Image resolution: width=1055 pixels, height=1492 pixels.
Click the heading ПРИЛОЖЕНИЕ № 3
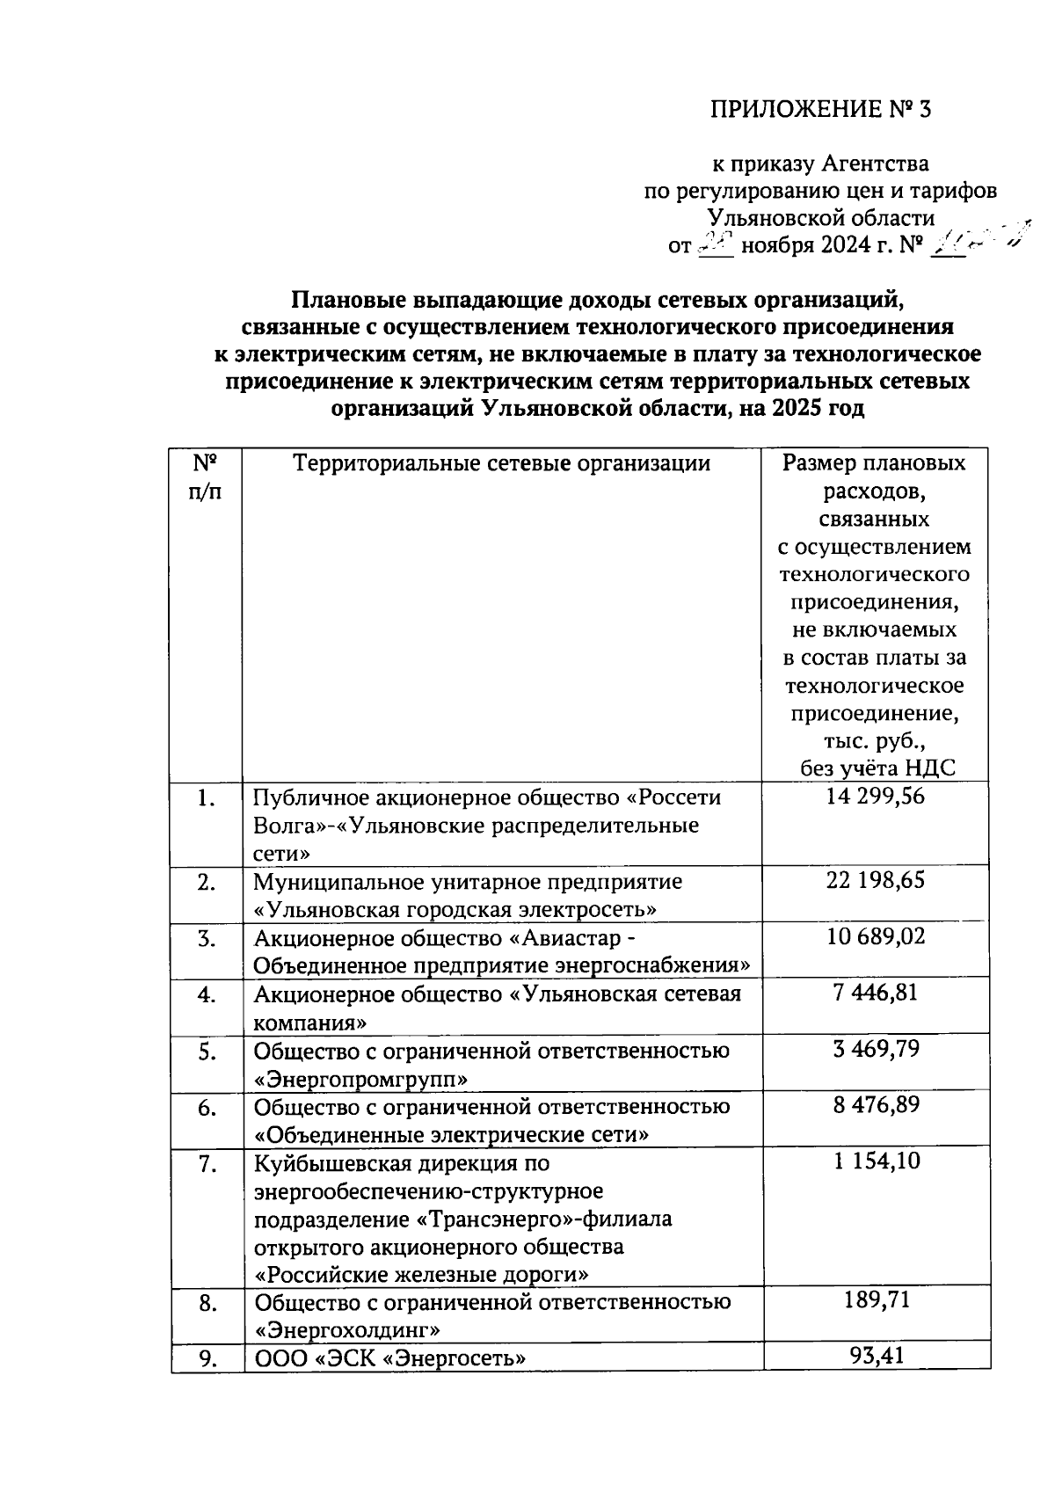(x=819, y=110)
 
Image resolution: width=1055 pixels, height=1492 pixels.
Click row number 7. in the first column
(x=207, y=1164)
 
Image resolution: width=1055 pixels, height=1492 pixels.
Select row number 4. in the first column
(x=207, y=995)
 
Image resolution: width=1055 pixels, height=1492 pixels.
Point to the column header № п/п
(x=204, y=477)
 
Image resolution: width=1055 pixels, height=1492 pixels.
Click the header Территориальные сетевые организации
(x=501, y=463)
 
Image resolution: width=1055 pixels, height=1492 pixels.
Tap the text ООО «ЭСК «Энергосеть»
(x=389, y=1359)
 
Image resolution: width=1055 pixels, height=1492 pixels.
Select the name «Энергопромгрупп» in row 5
(x=360, y=1079)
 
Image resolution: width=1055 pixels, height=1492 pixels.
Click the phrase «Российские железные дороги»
(x=421, y=1274)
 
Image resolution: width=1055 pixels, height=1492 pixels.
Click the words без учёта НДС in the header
(x=877, y=768)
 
